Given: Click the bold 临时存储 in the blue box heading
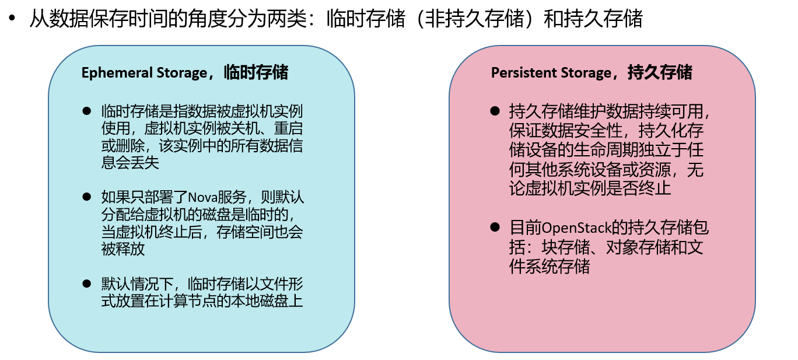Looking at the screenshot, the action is point(257,72).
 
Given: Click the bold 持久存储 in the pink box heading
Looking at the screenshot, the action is point(660,72).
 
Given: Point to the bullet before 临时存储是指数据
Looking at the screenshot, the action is point(87,110).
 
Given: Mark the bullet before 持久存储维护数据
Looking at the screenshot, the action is point(495,110).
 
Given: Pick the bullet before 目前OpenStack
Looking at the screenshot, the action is point(495,227).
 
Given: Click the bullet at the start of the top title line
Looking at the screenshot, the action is point(11,19).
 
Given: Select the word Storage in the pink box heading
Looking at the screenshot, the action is point(585,73).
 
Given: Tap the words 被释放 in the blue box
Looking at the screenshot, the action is point(123,249).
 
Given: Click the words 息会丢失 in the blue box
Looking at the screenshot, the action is point(130,162).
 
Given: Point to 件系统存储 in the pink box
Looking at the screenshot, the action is point(549,267).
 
